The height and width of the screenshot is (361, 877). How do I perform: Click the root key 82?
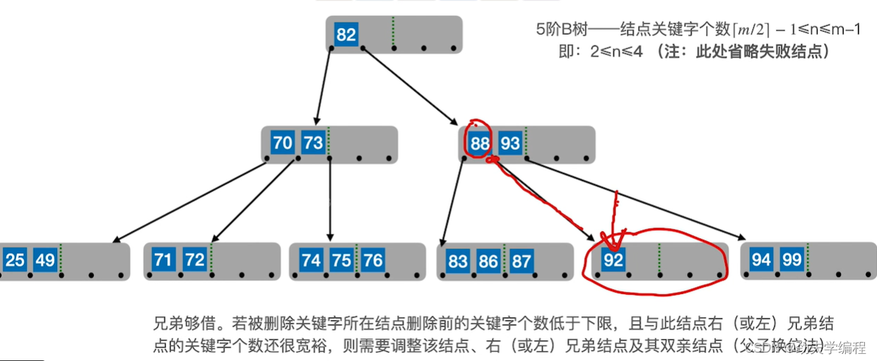[346, 35]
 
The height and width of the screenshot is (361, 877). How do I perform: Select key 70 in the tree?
[282, 143]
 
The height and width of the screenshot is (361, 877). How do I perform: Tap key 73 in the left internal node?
[312, 143]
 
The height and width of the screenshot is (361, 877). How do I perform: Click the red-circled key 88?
[480, 143]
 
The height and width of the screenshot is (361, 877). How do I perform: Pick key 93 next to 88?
[510, 143]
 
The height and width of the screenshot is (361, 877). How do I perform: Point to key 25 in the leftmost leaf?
[15, 260]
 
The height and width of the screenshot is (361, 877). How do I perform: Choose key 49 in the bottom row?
[45, 260]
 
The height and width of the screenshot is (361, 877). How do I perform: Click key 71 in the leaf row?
[163, 259]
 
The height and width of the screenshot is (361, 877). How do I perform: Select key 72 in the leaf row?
[194, 259]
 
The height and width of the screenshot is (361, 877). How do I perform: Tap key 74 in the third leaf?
[311, 260]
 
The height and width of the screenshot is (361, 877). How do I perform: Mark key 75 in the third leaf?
[341, 260]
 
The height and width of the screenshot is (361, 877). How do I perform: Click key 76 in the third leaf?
[372, 260]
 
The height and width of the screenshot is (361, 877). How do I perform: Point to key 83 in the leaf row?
[458, 261]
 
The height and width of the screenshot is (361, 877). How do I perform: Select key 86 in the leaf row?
[488, 261]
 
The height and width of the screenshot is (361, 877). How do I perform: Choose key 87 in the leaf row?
[521, 261]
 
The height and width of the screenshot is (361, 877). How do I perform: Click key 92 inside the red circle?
[614, 261]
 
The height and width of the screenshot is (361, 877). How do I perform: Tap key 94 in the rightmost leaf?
[761, 260]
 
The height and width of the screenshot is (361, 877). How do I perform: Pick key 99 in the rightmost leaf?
[791, 260]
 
